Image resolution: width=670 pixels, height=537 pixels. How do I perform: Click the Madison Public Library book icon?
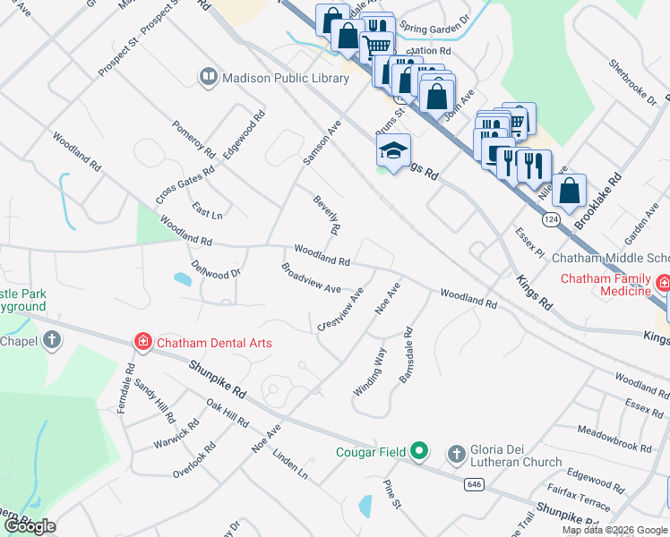pos(209,78)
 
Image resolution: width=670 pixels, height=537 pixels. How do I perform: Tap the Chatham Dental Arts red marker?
pos(142,342)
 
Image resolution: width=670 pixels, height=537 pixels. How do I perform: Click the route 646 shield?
pos(474,484)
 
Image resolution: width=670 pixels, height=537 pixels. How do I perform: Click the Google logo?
pos(30,526)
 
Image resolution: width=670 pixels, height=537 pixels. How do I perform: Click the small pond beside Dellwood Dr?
pos(183,279)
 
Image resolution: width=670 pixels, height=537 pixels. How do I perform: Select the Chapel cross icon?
pos(52,340)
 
